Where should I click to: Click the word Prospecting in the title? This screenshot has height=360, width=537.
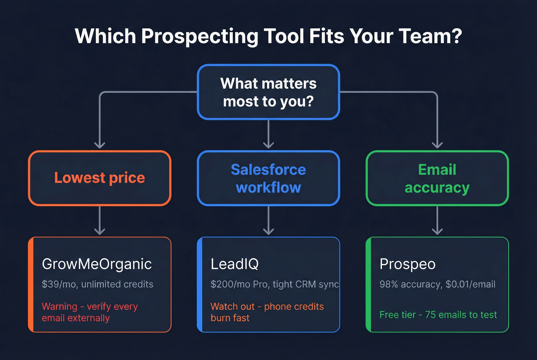pyautogui.click(x=199, y=37)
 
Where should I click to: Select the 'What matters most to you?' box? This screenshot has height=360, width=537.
pyautogui.click(x=268, y=92)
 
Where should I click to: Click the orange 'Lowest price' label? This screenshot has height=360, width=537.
pyautogui.click(x=99, y=178)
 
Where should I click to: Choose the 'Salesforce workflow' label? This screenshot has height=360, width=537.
pyautogui.click(x=268, y=179)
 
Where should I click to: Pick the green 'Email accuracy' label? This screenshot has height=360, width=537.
pyautogui.click(x=437, y=179)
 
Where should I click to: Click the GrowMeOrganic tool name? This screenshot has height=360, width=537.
pyautogui.click(x=97, y=264)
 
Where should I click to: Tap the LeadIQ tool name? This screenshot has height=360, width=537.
pyautogui.click(x=235, y=264)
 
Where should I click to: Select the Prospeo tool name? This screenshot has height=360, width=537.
pyautogui.click(x=407, y=264)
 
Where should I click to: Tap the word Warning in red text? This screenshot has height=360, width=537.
pyautogui.click(x=59, y=307)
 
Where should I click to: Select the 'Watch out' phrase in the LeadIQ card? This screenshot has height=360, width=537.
pyautogui.click(x=232, y=307)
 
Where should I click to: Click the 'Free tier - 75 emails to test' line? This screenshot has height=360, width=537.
pyautogui.click(x=438, y=315)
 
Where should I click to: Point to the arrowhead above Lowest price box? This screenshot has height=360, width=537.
pyautogui.click(x=100, y=145)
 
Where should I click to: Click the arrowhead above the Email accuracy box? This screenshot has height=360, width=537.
pyautogui.click(x=437, y=145)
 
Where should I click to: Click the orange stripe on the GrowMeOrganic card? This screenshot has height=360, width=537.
pyautogui.click(x=31, y=284)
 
